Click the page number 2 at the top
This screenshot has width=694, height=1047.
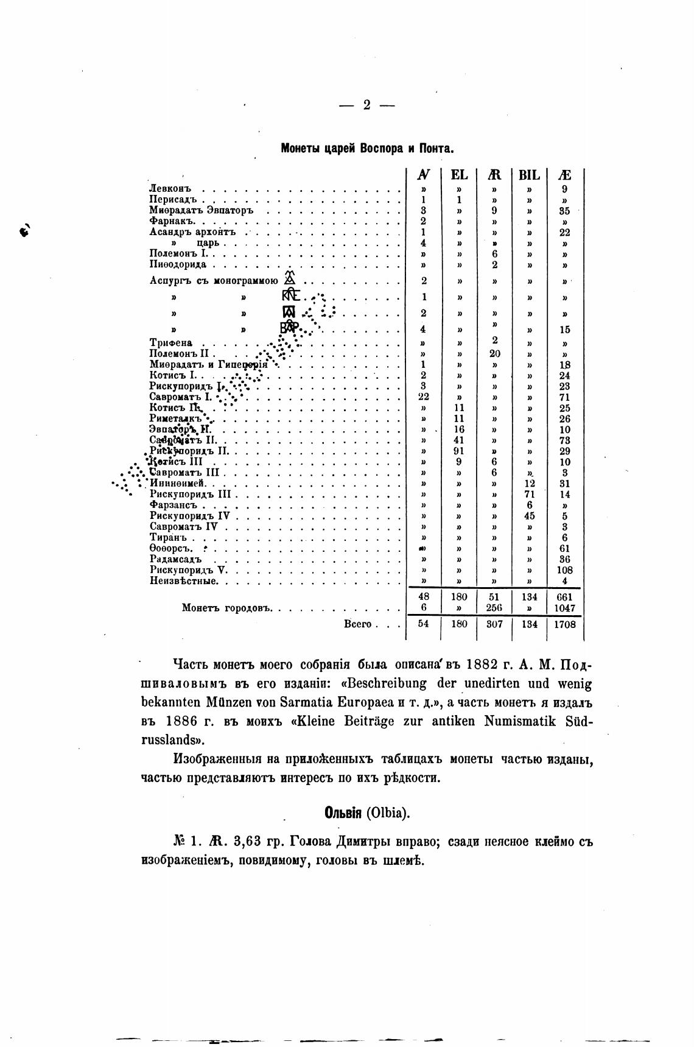point(367,105)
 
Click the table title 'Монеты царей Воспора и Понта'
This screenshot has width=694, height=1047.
point(367,149)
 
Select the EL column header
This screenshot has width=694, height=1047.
point(459,175)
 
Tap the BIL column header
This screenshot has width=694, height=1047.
point(529,175)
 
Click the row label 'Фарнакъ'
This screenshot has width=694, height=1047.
point(171,221)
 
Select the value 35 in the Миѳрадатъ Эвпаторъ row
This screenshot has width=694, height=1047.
point(564,211)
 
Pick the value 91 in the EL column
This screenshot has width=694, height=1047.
point(459,451)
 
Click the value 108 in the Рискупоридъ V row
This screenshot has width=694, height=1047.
point(564,570)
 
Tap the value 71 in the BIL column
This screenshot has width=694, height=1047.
point(529,495)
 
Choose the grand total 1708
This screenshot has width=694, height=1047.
point(564,624)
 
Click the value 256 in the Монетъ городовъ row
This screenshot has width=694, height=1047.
point(494,608)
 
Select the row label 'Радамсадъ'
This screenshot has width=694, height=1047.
point(175,559)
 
